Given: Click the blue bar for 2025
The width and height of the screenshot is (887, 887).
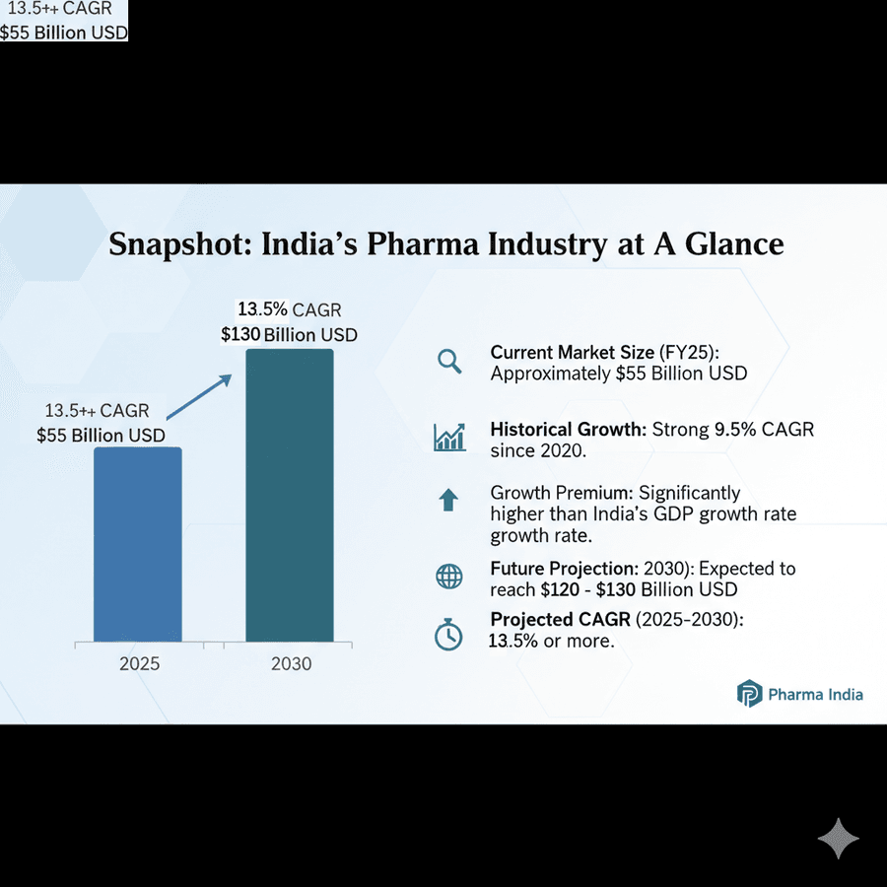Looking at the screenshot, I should [x=138, y=545].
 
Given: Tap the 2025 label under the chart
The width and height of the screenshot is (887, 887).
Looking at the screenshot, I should [x=139, y=663].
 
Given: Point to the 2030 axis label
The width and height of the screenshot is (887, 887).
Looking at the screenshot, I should [x=291, y=663].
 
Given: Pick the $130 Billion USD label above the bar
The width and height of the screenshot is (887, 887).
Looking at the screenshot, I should [x=289, y=334].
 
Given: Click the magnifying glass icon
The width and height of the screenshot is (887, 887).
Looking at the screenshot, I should [x=449, y=362].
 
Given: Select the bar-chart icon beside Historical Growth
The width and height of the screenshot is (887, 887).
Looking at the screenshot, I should [x=449, y=438].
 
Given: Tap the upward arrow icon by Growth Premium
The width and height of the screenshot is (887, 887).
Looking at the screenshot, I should [x=448, y=500].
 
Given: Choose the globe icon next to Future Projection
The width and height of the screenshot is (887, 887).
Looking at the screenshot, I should [x=449, y=577].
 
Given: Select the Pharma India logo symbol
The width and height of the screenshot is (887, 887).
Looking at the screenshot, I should [x=750, y=694].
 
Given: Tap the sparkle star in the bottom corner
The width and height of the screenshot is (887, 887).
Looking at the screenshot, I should [x=838, y=838].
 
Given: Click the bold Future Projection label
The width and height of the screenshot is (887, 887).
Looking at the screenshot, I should [x=564, y=569].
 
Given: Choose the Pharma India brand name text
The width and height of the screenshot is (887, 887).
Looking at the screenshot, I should [x=816, y=694].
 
